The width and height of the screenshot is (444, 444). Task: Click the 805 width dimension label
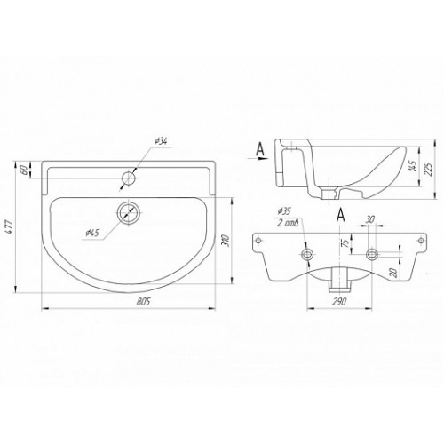144,302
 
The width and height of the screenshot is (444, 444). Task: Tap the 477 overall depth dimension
10,227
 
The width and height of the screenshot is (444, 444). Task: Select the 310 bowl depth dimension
225,242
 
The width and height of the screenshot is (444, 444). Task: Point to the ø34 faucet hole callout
161,141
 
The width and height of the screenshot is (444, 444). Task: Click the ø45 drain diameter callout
91,234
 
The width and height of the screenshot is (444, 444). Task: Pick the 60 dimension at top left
25,170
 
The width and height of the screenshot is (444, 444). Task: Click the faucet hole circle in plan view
129,178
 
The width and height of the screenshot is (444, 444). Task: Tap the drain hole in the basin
129,212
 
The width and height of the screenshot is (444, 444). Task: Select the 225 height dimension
429,169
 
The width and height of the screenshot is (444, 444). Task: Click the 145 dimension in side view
415,166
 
